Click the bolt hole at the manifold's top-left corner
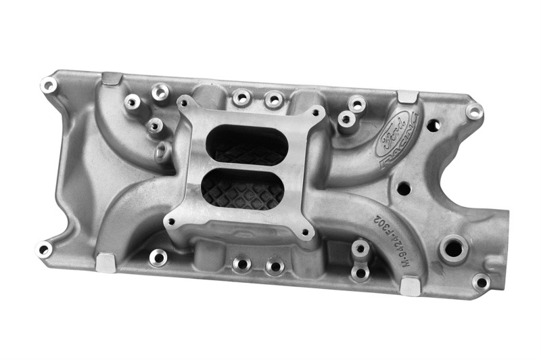tap(49, 86)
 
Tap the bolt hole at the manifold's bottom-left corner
tap(44, 249)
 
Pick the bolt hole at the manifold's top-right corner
tap(475, 112)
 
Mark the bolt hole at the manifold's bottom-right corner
tap(481, 282)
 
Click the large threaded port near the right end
tap(453, 248)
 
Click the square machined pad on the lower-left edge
tap(106, 262)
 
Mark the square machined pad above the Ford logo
tap(407, 97)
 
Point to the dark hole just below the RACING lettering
tap(404, 188)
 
